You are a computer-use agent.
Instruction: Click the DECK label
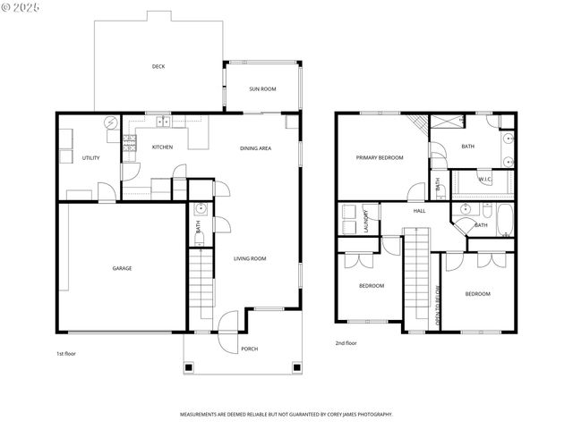click(158, 66)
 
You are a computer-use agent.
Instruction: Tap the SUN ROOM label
click(262, 89)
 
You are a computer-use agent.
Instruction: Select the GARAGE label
click(122, 268)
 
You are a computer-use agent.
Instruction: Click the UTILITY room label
click(90, 158)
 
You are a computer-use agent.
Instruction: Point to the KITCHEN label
click(162, 147)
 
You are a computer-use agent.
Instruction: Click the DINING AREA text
click(255, 148)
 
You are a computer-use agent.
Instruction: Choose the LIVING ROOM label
click(250, 258)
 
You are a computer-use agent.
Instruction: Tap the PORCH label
click(250, 349)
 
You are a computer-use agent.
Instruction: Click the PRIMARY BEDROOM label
click(379, 158)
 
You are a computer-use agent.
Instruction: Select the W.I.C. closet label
click(484, 180)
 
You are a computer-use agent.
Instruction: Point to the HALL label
click(419, 211)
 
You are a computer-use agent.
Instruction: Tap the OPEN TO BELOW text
click(438, 303)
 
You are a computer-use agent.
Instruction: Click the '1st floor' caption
click(66, 354)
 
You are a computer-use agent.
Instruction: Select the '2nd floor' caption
click(346, 343)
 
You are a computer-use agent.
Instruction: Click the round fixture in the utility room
click(110, 124)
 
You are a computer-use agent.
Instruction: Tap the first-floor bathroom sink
click(201, 210)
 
